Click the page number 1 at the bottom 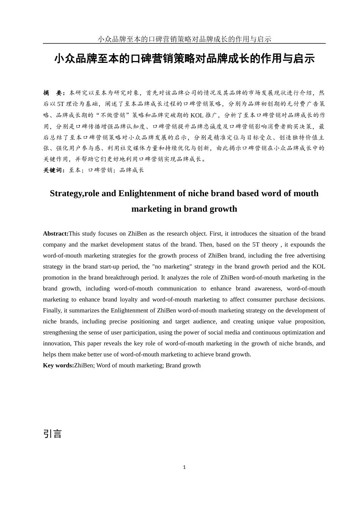click(184, 467)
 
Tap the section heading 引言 click(52, 434)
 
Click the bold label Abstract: click(55, 234)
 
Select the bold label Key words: click(58, 365)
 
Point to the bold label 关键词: click(54, 170)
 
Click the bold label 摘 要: click(54, 93)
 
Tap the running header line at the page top click(184, 39)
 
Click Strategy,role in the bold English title click(75, 194)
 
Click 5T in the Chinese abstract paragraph click(61, 104)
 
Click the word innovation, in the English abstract click(57, 343)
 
